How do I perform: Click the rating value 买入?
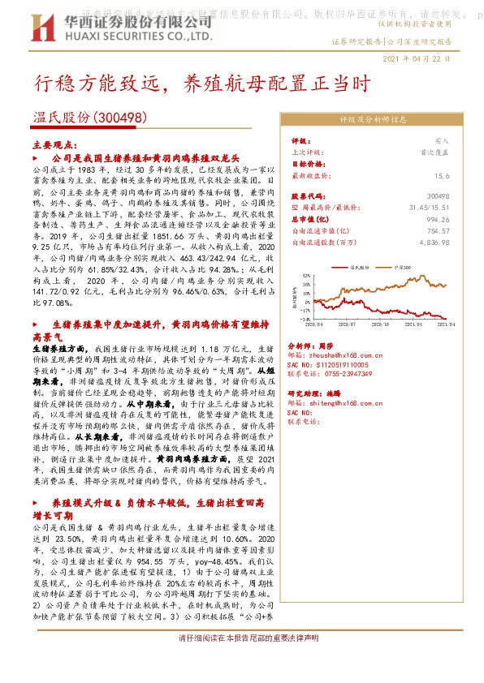click(x=441, y=140)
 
